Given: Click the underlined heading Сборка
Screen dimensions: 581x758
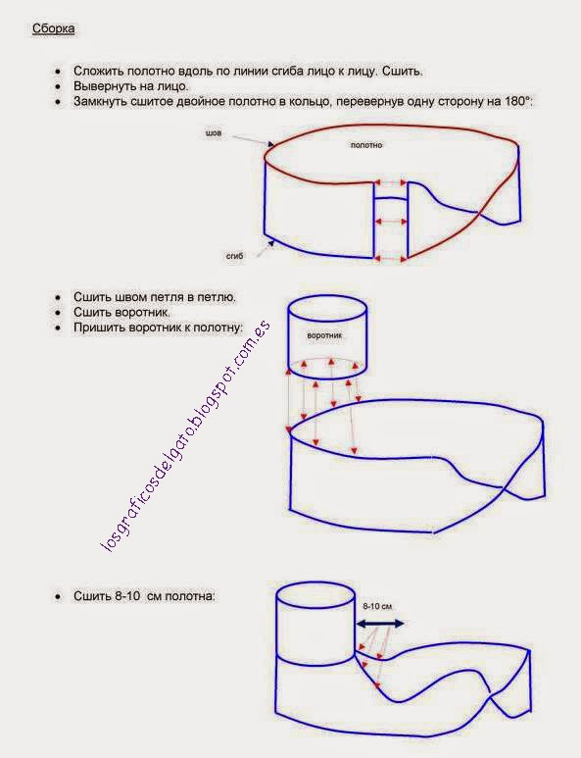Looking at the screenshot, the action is coord(53,28).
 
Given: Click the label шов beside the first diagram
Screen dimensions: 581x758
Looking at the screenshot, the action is coord(214,132).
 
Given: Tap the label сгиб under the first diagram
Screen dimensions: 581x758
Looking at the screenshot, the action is coord(235,256).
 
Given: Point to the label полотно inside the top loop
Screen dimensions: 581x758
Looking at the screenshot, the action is coord(366,145).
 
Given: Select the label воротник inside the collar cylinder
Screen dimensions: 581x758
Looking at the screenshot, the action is coord(324,335).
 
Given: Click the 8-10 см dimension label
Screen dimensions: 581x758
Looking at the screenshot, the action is coord(377,606).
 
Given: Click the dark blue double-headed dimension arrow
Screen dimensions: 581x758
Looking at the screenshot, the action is coord(379,624).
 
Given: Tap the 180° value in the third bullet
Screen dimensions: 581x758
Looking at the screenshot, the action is coord(518,102).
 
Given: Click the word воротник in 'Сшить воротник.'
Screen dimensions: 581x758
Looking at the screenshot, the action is coord(145,312).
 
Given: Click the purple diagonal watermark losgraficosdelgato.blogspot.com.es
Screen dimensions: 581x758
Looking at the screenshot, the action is coord(185,435).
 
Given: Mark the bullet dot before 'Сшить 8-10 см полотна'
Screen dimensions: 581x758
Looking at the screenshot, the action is coord(58,597).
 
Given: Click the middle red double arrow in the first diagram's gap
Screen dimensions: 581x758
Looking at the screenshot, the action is coord(391,222).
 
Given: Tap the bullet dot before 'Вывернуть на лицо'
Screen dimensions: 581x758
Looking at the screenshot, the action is coord(58,87).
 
